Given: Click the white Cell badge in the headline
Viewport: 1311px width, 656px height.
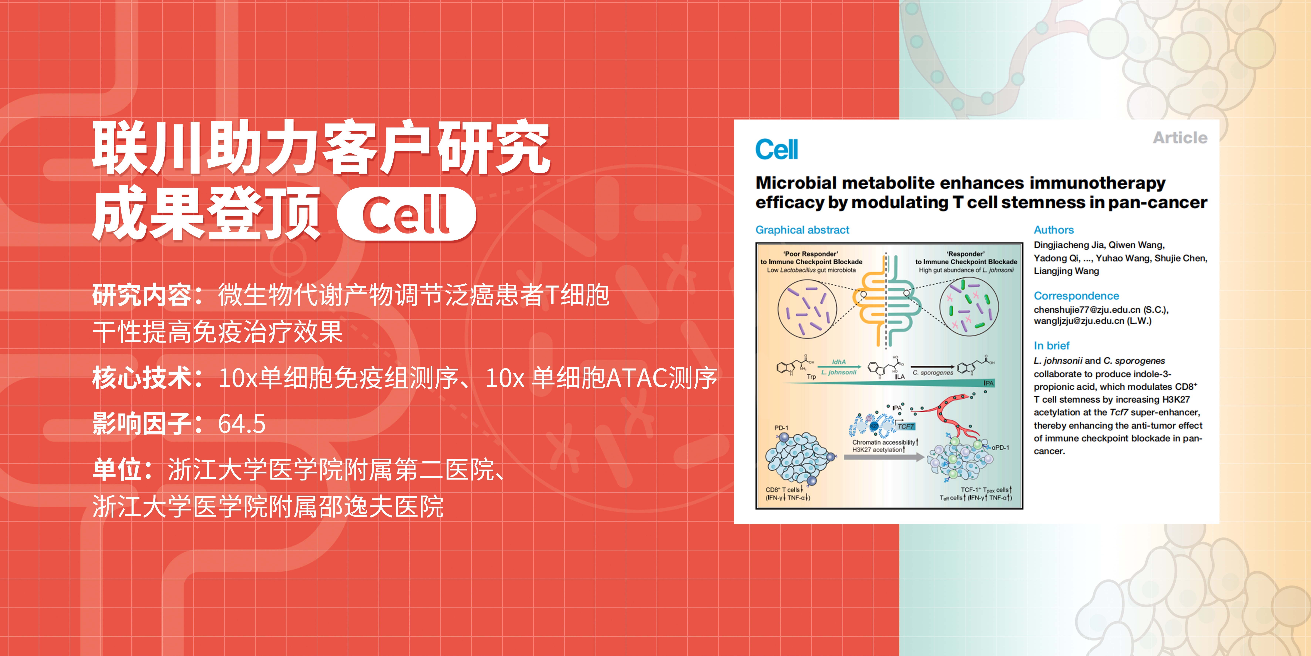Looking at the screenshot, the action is (407, 214).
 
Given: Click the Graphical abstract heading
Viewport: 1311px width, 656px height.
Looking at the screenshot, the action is (802, 230).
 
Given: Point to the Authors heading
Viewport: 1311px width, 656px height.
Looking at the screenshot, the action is (1053, 230).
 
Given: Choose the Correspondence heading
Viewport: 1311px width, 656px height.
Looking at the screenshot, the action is (1076, 296).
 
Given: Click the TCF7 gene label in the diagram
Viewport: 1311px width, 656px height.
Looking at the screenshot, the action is (905, 426).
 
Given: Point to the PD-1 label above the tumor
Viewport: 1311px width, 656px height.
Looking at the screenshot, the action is (781, 428).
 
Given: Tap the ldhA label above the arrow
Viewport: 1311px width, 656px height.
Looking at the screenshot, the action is (839, 362).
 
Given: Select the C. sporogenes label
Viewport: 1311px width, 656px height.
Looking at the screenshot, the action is (933, 373).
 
